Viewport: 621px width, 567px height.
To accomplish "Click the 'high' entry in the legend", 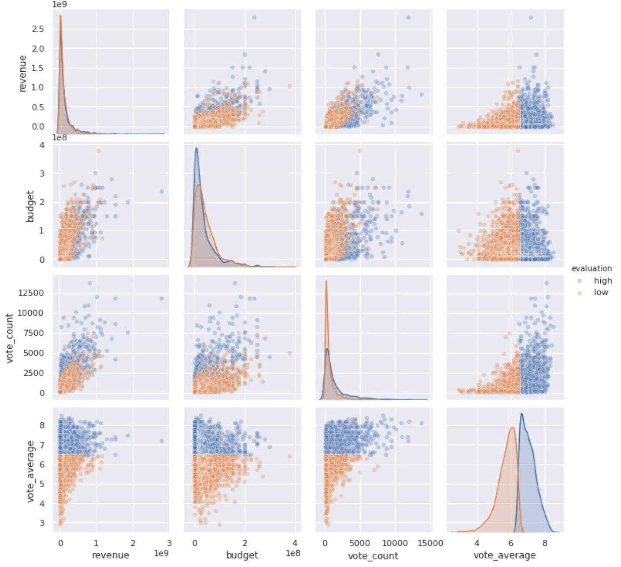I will [603, 281].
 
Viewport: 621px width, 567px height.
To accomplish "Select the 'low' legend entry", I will [601, 293].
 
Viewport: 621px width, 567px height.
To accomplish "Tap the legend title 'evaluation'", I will [591, 268].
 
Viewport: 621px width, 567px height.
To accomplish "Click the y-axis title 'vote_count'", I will [9, 338].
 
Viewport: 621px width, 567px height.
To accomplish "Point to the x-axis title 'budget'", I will [242, 555].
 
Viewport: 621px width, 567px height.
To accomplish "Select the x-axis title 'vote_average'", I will [504, 555].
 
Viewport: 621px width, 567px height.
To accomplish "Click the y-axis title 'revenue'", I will [22, 73].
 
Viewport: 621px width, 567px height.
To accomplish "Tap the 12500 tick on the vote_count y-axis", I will [31, 293].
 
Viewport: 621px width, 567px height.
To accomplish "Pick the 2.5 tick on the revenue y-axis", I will [38, 29].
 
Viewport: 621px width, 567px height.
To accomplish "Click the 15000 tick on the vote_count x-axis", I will [430, 543].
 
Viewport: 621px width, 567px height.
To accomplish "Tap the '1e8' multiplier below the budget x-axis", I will [293, 553].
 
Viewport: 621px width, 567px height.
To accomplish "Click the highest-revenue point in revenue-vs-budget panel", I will [254, 18].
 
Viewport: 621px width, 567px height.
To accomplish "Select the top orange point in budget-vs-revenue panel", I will [98, 151].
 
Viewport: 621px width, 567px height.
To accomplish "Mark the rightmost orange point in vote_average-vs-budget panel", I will [289, 457].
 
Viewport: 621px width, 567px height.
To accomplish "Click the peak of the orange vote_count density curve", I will [326, 281].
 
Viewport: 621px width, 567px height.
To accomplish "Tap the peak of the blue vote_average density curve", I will [521, 413].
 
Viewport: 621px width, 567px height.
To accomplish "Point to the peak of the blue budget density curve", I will [196, 148].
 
